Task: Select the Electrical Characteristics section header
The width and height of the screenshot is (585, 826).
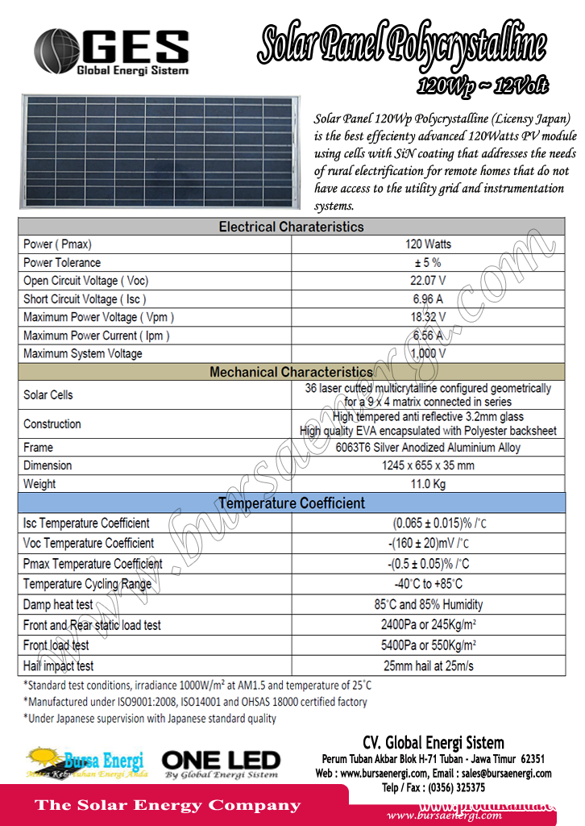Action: click(292, 227)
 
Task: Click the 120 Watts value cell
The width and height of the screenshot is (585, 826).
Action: click(428, 244)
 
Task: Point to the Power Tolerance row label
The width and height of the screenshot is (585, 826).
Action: click(62, 263)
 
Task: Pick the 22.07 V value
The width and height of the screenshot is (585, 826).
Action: click(428, 281)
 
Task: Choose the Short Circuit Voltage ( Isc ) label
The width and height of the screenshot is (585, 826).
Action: click(85, 299)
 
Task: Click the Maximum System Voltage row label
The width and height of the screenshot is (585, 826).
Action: click(82, 353)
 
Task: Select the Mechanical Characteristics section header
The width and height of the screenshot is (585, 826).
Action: click(292, 372)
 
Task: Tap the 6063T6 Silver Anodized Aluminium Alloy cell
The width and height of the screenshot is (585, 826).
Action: click(428, 447)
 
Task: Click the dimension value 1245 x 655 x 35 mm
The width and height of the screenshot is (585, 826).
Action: click(428, 465)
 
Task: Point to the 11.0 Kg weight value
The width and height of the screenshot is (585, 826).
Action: click(428, 484)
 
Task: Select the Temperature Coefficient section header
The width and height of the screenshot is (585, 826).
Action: click(292, 503)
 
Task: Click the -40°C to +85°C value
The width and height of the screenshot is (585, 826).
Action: click(428, 584)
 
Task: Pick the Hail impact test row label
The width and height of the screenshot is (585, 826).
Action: click(58, 666)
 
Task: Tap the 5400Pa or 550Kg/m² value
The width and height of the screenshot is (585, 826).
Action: click(428, 645)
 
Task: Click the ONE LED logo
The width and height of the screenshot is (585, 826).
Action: click(221, 763)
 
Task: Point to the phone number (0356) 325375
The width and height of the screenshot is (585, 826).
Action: click(456, 788)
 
